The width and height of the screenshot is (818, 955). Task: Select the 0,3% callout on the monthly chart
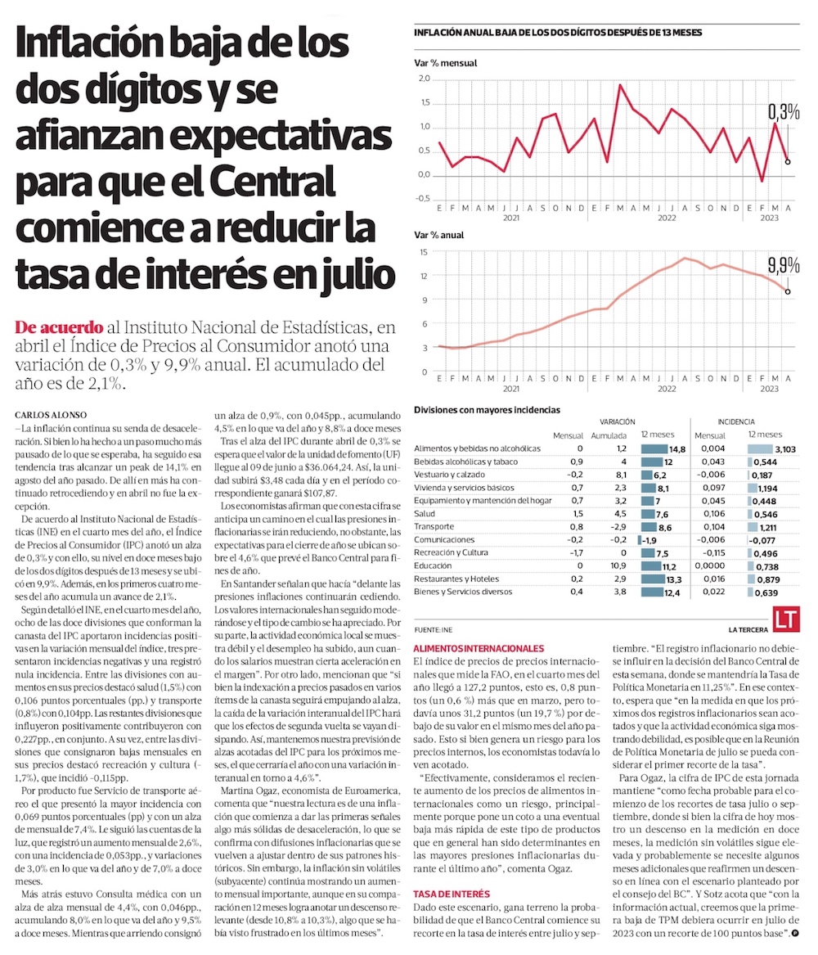click(783, 112)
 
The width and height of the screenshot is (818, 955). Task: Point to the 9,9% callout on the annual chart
click(783, 265)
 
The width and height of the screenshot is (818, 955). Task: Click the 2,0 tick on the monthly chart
click(423, 79)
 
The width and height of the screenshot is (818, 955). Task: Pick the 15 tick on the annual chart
click(424, 252)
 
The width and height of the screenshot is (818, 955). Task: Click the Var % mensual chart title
click(446, 63)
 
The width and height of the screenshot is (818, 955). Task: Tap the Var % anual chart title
click(439, 235)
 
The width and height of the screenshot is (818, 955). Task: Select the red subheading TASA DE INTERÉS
click(451, 871)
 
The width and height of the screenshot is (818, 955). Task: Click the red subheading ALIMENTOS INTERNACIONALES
click(479, 647)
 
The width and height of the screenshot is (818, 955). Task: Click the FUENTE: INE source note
click(434, 629)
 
